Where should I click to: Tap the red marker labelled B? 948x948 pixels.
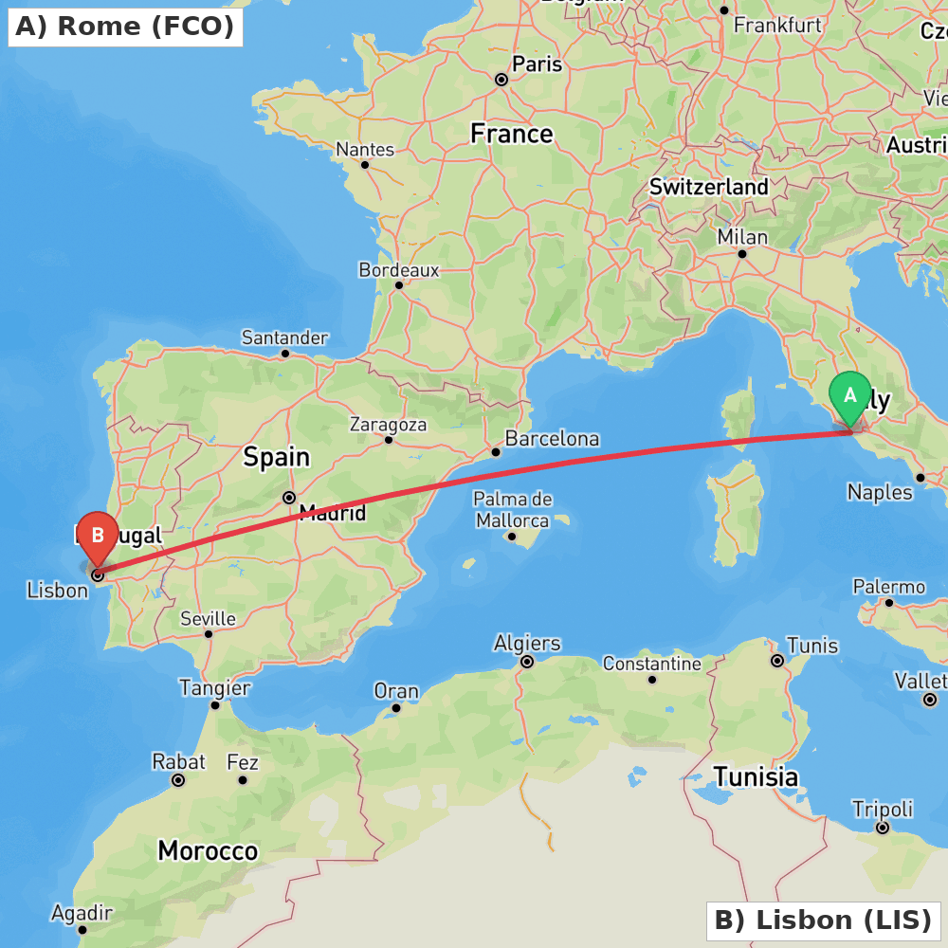[97, 537]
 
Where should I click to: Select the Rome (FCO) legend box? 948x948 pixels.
[125, 27]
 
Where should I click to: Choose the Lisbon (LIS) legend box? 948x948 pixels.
[823, 921]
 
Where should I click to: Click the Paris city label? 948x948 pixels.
[537, 64]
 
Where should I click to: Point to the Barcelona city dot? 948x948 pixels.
[496, 452]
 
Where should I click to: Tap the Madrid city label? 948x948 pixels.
[332, 514]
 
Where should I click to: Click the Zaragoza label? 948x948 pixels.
[388, 425]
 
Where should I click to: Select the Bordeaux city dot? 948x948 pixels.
[399, 284]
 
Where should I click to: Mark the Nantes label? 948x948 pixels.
[365, 150]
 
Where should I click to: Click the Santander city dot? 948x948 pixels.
[284, 354]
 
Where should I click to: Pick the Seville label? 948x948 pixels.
[208, 619]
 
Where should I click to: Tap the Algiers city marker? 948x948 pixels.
[527, 662]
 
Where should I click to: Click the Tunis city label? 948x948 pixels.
[812, 646]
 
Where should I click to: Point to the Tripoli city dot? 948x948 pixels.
[883, 828]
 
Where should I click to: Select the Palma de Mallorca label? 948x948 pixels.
[512, 509]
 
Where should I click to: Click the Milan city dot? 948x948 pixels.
[742, 253]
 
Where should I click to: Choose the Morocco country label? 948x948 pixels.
[208, 850]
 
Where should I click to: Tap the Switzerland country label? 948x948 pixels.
[708, 187]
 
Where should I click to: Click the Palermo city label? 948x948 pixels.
[888, 587]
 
